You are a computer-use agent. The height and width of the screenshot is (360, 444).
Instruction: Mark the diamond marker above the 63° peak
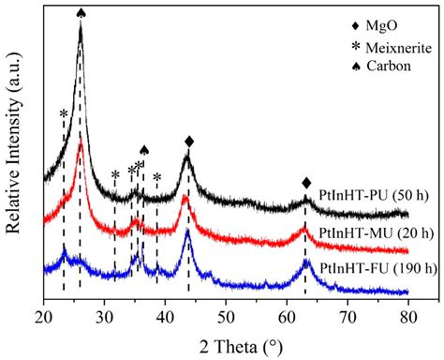(x=306, y=183)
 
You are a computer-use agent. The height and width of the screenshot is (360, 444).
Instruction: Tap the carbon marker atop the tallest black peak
(x=81, y=12)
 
